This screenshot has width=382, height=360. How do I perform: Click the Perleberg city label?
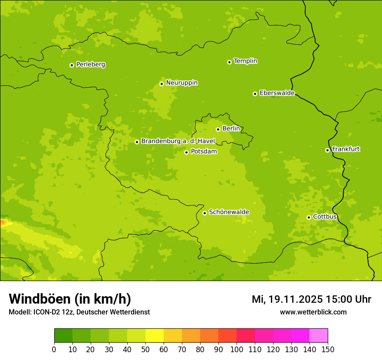coord(90,65)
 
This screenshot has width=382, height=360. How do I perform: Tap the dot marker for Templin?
coord(229,62)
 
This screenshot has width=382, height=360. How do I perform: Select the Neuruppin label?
coord(181,83)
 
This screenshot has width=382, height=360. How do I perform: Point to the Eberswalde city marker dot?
coord(255,94)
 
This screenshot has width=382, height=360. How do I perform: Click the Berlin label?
coord(231,129)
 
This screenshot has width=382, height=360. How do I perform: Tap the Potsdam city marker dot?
coord(186,152)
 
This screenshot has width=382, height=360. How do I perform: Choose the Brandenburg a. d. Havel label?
coord(178,141)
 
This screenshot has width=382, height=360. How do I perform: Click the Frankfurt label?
coord(346,149)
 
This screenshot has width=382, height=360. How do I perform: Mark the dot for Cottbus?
coord(309,217)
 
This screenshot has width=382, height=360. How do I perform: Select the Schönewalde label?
coord(229,212)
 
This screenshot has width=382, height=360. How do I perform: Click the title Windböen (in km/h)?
coord(69,299)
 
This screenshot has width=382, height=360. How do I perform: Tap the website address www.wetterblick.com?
coord(313,312)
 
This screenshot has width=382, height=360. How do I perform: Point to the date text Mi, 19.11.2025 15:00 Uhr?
coord(311,299)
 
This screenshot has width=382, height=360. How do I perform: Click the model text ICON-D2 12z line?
coord(79,312)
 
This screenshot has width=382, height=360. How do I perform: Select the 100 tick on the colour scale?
coord(237,349)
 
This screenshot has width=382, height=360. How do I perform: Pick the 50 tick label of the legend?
coord(145,349)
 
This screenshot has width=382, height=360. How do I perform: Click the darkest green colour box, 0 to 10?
coord(63,336)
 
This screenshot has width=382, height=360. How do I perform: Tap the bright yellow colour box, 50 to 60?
coord(155,336)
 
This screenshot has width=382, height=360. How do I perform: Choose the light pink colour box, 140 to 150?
coord(319,336)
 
